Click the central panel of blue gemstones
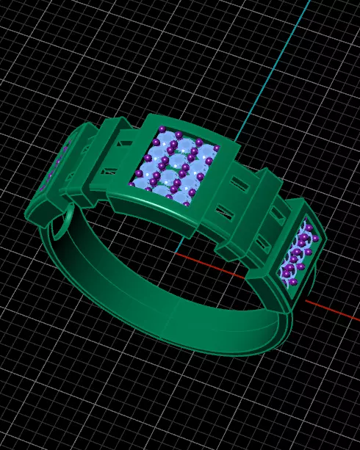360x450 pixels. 175,167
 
